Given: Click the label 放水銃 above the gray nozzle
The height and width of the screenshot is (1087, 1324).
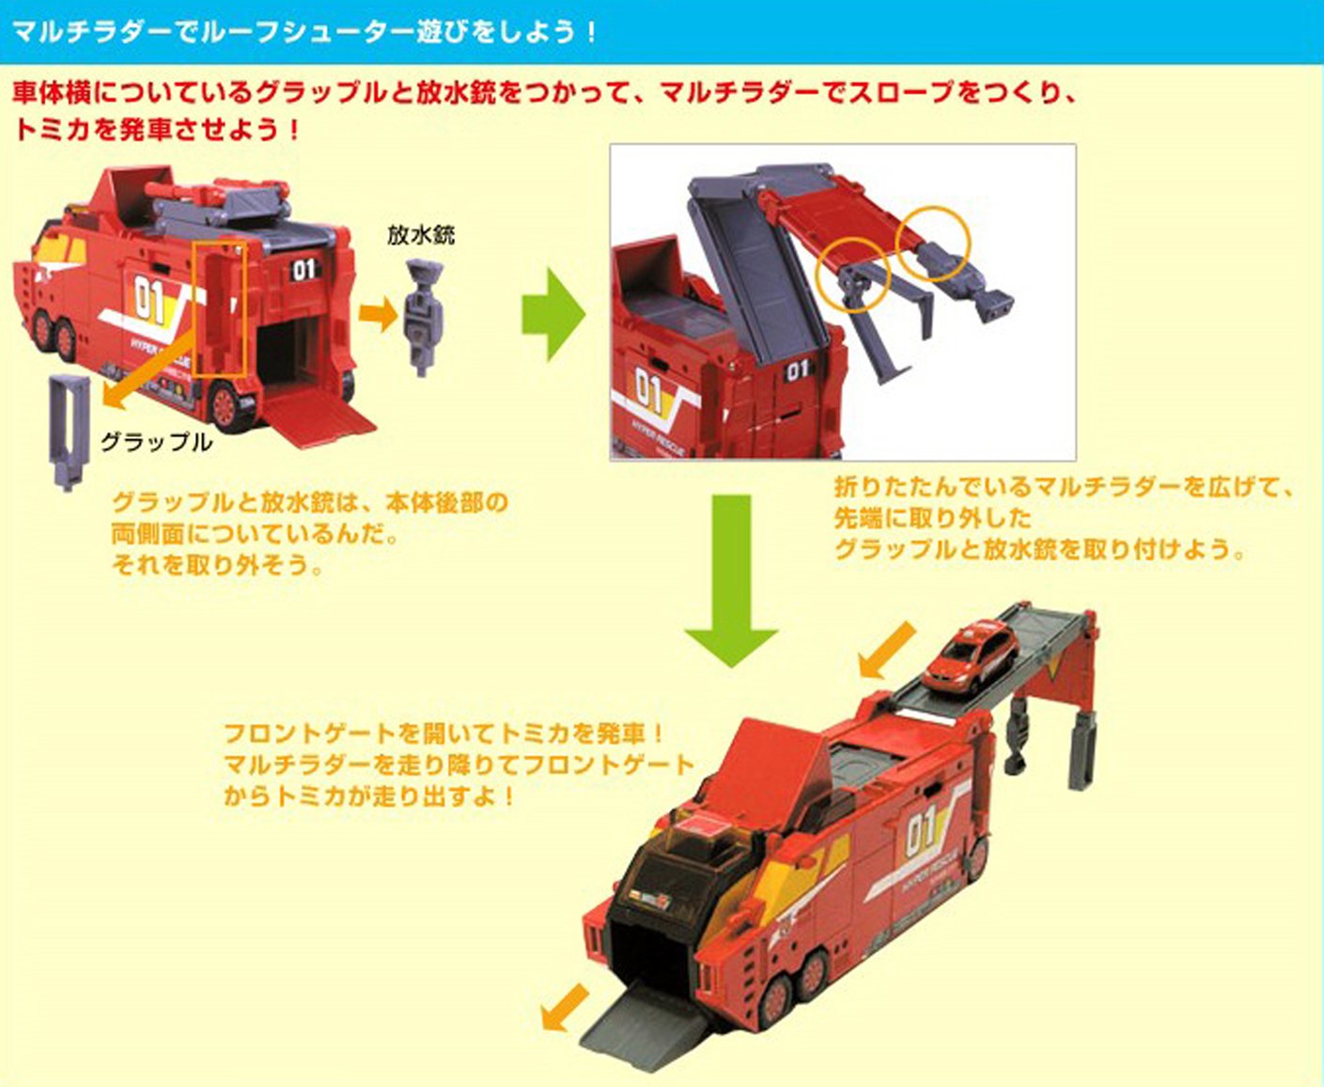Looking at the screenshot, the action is [x=421, y=236].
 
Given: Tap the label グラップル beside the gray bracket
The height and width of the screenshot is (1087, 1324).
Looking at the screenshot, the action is [x=157, y=442].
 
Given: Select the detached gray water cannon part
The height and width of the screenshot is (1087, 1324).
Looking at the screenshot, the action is [x=424, y=317].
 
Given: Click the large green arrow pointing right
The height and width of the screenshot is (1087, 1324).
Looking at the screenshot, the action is [x=553, y=314].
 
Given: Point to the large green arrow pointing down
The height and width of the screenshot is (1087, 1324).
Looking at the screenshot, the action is [x=731, y=580].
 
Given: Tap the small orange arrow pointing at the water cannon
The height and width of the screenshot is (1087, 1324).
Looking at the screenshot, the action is [x=378, y=313].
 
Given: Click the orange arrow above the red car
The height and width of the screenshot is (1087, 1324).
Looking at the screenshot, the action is [x=888, y=651].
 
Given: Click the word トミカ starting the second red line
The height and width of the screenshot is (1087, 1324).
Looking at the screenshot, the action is [x=52, y=130].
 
